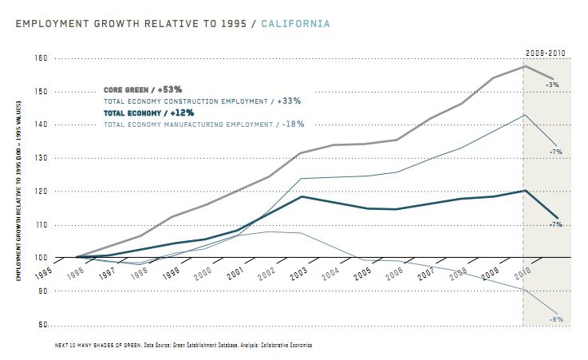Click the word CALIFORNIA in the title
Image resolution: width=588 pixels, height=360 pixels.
[294, 24]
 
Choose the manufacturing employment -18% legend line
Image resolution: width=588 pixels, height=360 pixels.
[204, 125]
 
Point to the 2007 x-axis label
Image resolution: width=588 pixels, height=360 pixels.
[428, 271]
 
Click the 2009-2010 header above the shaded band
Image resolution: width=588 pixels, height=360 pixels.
[545, 53]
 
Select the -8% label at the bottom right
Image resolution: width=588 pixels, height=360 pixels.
[556, 319]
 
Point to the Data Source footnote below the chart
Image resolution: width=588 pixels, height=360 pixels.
[184, 346]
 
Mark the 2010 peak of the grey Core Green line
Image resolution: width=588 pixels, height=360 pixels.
[523, 65]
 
